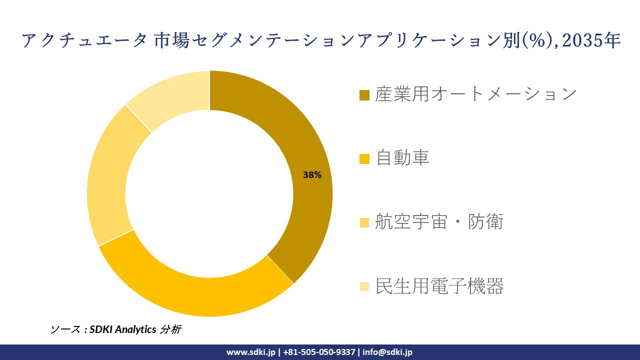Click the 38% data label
(312, 175)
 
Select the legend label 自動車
(402, 158)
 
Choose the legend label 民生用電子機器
(439, 286)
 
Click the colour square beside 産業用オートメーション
(364, 95)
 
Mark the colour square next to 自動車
(364, 159)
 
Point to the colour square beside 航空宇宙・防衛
(364, 222)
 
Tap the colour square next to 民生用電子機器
(364, 286)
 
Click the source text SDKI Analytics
(123, 329)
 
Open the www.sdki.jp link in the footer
(250, 352)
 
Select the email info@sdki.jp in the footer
(387, 352)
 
